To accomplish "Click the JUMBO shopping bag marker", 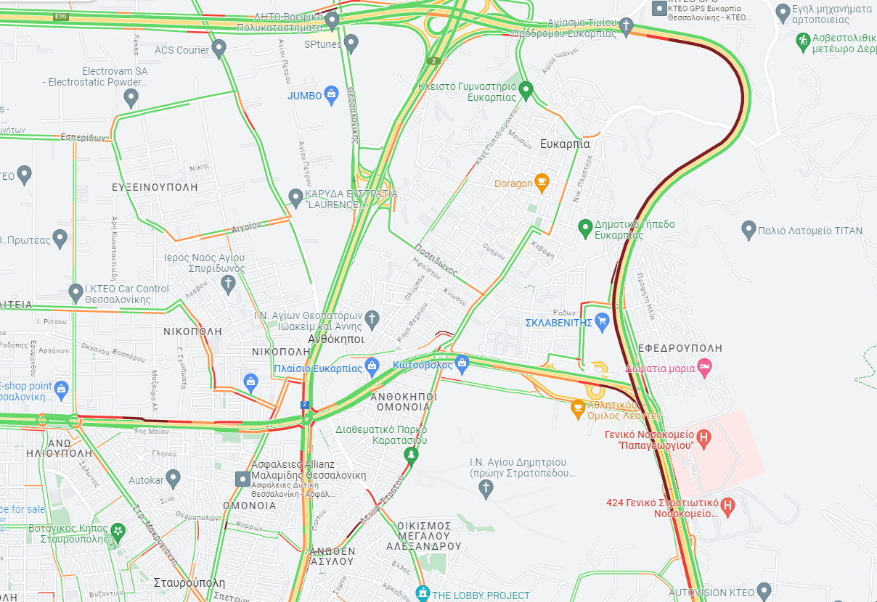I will pos(331,94).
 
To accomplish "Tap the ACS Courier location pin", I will pos(219,49).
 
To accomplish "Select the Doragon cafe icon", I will pos(541,181).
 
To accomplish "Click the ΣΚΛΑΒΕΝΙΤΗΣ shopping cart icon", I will pos(601,321).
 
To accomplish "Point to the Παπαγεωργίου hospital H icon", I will pos(703,437).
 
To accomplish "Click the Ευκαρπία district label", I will pos(566,144).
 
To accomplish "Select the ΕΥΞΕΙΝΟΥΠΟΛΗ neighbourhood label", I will pos(155,187).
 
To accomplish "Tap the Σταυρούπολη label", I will pos(189,582).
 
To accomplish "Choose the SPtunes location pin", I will pos(351,43).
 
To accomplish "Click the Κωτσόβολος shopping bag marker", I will pos(462,363).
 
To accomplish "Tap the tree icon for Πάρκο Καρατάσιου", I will pos(411,455).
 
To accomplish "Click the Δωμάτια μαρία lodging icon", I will pos(703,367).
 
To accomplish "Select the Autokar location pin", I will pos(173,478).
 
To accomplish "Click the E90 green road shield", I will pos(61,15).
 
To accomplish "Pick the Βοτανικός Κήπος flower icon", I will pos(118,532).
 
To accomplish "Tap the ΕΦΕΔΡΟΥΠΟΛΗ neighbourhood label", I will pos(680,348).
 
